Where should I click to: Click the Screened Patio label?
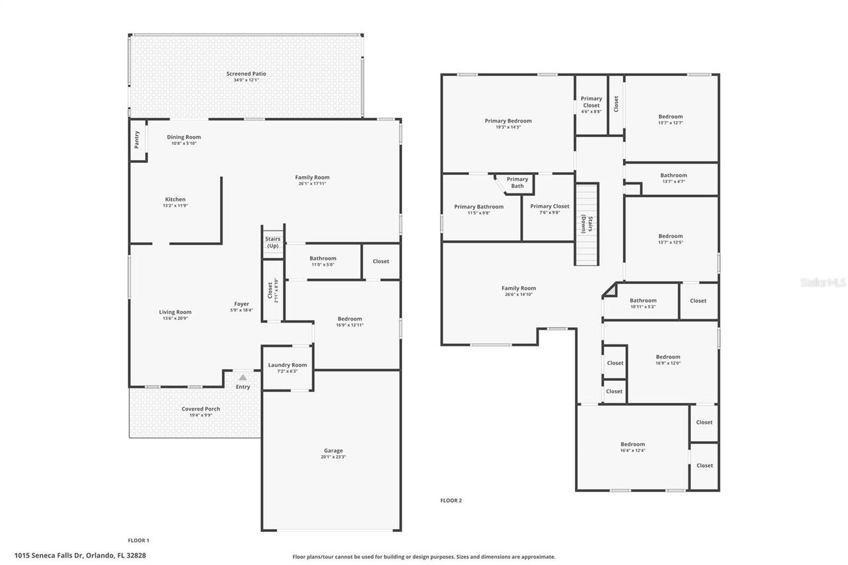[246, 74]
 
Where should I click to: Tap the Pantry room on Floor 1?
[137, 139]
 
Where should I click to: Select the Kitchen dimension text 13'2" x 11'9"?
[175, 206]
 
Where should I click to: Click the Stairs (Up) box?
[273, 242]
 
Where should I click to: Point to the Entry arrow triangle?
[243, 378]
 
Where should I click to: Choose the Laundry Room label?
[288, 365]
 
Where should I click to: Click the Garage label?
[333, 450]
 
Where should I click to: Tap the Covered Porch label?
[201, 409]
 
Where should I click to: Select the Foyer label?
[241, 304]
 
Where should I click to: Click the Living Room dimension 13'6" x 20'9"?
[175, 319]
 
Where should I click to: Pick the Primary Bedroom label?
[508, 121]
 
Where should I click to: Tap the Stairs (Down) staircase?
[586, 224]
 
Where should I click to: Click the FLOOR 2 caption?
[451, 501]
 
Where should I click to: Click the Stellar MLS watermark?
[823, 283]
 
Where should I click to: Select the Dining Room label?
[184, 137]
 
